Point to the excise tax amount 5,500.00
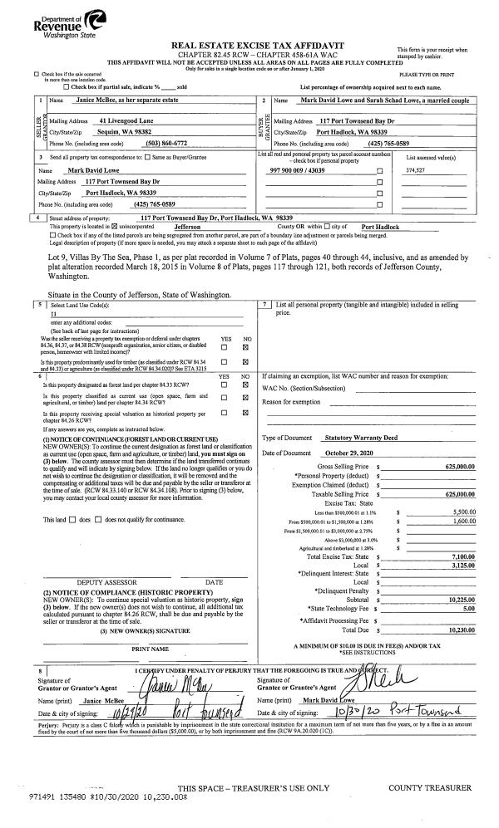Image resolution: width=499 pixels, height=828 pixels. click(462, 512)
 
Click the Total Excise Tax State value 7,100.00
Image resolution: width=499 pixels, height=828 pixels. click(460, 556)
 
